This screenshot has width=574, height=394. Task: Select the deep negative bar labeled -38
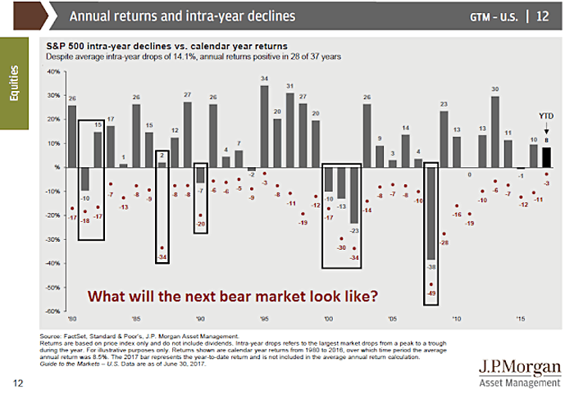tap(431, 213)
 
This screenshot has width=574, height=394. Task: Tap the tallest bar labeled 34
tap(264, 126)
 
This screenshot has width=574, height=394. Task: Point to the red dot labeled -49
tap(431, 284)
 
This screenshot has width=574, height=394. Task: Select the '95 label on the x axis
tap(264, 319)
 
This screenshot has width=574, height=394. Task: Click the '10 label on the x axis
tap(457, 319)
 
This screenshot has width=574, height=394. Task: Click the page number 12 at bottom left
tap(16, 382)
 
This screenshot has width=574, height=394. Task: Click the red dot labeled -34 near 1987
tap(162, 248)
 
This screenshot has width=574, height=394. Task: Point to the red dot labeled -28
tap(444, 233)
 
